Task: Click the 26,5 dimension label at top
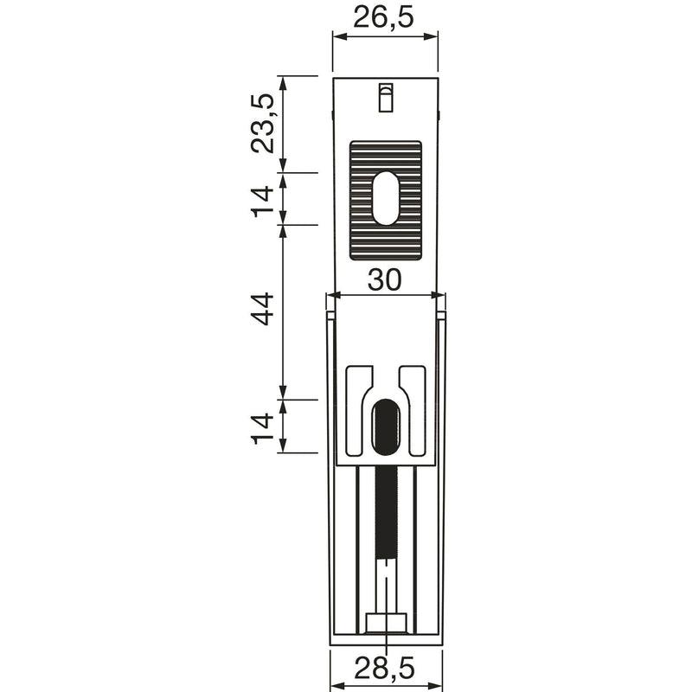pyautogui.click(x=384, y=18)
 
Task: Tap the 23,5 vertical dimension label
pyautogui.click(x=263, y=124)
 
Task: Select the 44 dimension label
pyautogui.click(x=263, y=308)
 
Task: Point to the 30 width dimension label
pyautogui.click(x=385, y=279)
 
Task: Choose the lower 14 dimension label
pyautogui.click(x=263, y=428)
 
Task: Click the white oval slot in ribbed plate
pyautogui.click(x=386, y=198)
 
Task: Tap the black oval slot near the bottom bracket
pyautogui.click(x=386, y=426)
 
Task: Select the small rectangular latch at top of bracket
pyautogui.click(x=386, y=97)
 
